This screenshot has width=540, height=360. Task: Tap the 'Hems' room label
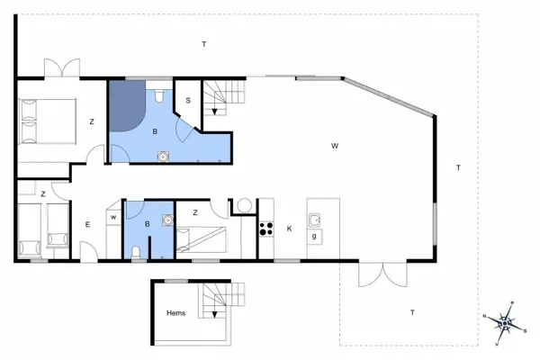177,313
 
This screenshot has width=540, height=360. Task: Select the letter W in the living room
334,145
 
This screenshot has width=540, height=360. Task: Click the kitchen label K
289,229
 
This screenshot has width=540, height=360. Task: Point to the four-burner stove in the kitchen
266,229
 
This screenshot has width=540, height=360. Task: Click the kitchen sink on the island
315,220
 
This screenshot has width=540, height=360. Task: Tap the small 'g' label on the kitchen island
314,237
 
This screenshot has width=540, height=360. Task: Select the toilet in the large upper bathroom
158,94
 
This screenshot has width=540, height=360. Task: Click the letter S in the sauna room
188,100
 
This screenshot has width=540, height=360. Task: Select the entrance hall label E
87,224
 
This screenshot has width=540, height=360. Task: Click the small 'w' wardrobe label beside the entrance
113,216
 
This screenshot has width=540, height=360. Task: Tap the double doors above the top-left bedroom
61,68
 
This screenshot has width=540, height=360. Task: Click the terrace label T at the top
204,44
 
